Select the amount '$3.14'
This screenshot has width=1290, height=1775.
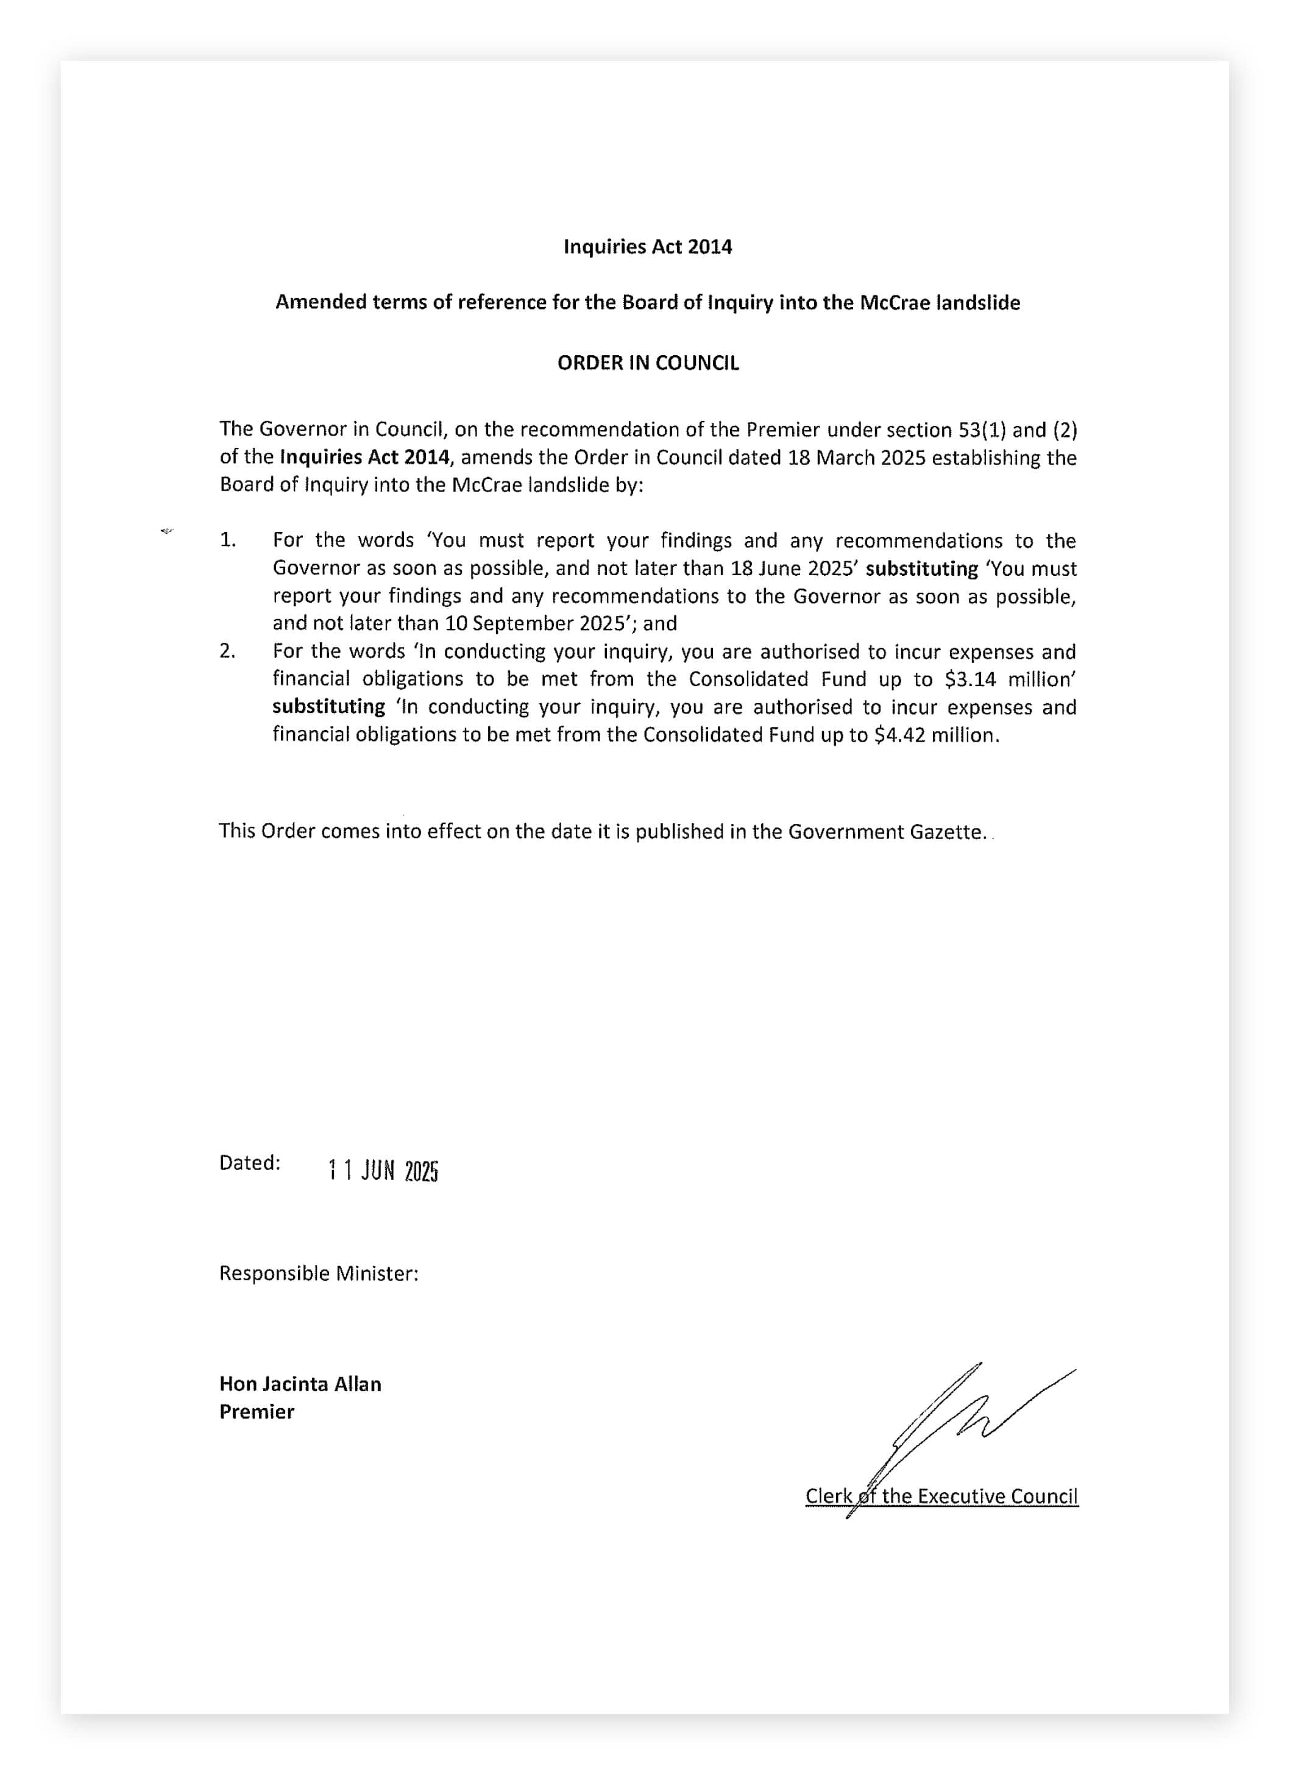pos(970,679)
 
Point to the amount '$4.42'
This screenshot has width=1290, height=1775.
pos(899,735)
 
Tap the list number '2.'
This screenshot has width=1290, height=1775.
pos(228,651)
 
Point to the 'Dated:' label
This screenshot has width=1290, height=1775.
pos(250,1163)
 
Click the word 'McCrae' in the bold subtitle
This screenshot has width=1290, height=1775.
pos(895,303)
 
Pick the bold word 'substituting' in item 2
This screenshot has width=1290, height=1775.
pos(329,707)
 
